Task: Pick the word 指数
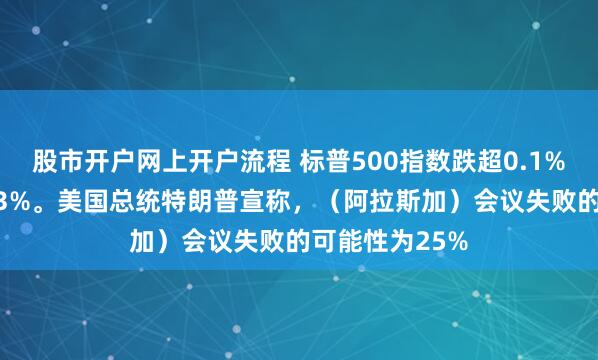[417, 157]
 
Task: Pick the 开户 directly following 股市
[105, 157]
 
